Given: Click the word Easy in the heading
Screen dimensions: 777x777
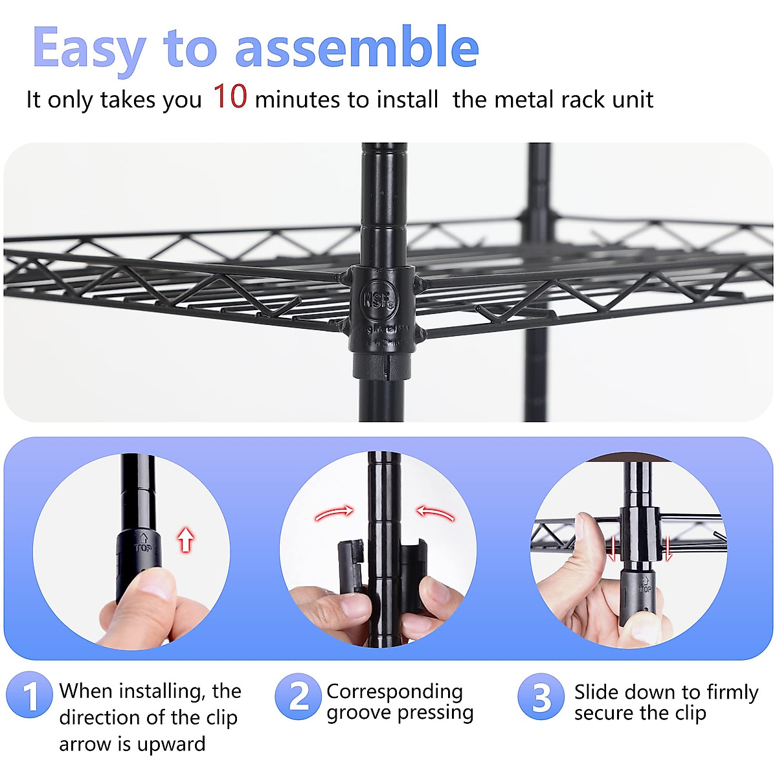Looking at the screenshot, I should [x=89, y=49].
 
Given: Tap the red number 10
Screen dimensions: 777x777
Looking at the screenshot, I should [x=230, y=96].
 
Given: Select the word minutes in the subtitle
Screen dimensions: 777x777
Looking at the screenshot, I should [x=298, y=100].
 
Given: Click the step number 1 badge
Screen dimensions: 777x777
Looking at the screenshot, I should [x=29, y=696].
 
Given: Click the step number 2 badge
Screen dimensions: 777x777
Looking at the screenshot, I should [x=298, y=696].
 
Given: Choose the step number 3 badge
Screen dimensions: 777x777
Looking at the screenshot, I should [x=541, y=697].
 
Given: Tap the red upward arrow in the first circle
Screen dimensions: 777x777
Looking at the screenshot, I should [x=186, y=539].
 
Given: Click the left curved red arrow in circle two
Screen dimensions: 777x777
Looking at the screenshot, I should [x=334, y=514].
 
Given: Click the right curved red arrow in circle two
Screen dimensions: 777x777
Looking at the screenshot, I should [x=434, y=513].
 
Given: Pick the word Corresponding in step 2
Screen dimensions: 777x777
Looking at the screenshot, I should [x=394, y=692].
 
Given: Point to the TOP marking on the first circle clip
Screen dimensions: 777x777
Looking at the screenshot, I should [x=143, y=544].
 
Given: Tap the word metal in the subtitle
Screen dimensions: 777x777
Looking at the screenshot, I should [x=524, y=100].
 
